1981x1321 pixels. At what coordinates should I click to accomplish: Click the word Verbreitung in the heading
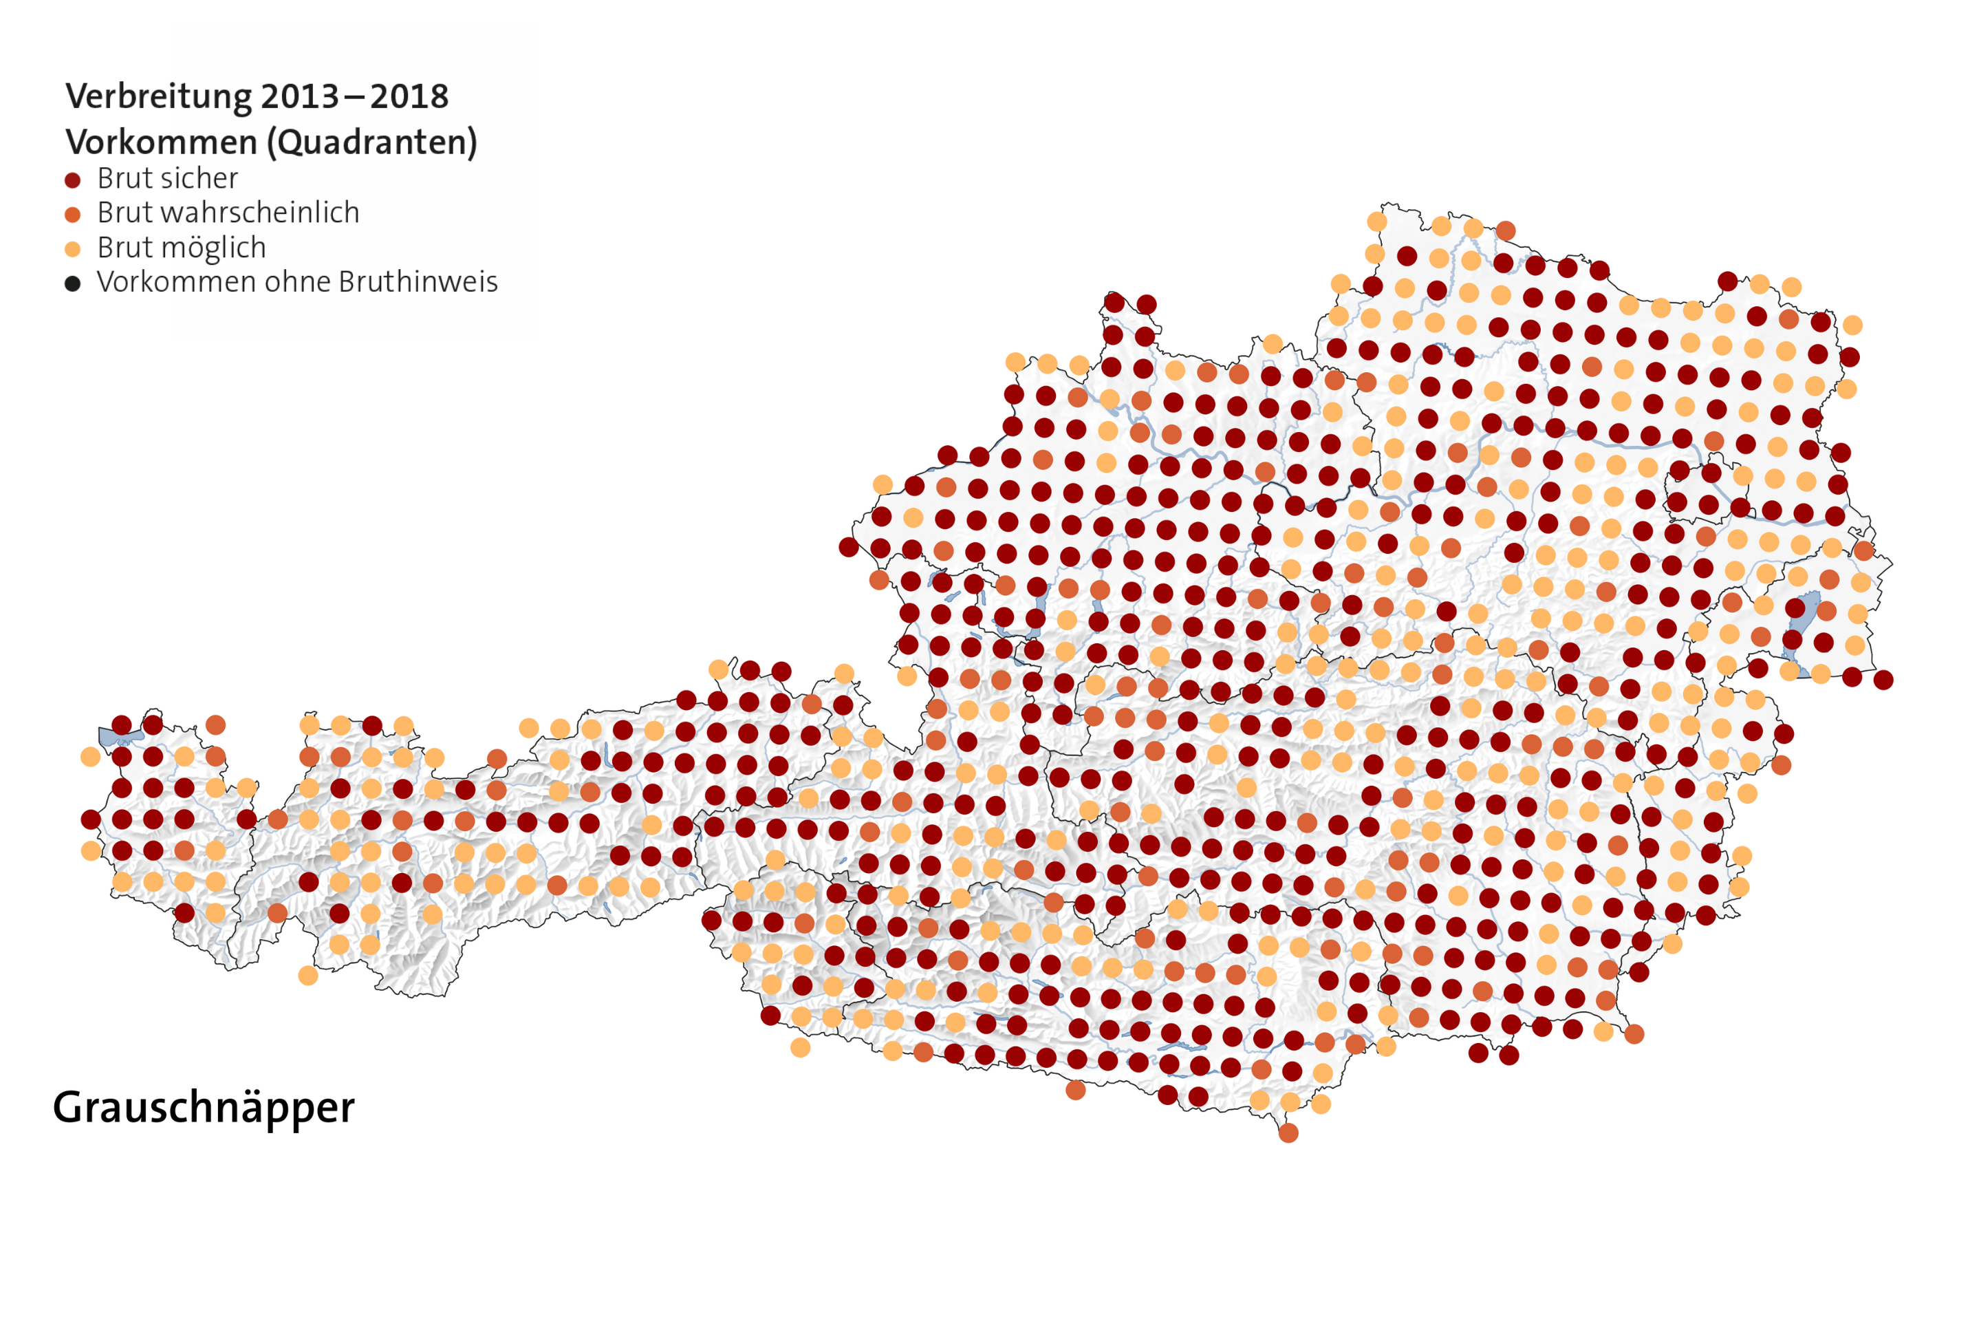point(158,97)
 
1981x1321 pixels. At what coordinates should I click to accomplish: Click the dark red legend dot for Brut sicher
point(72,180)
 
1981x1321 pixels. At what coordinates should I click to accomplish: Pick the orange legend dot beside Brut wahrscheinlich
point(72,215)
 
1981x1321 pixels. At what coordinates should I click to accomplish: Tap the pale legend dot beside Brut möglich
point(72,249)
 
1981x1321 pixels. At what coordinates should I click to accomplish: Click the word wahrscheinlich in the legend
point(266,213)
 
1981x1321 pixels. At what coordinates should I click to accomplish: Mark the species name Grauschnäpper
point(204,1107)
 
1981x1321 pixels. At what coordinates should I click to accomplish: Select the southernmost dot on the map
point(1288,1133)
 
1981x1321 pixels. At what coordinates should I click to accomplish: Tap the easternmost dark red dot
point(1884,680)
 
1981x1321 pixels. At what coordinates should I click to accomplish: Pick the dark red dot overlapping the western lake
point(122,724)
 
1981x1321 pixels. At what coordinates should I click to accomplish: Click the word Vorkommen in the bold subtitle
point(162,142)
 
